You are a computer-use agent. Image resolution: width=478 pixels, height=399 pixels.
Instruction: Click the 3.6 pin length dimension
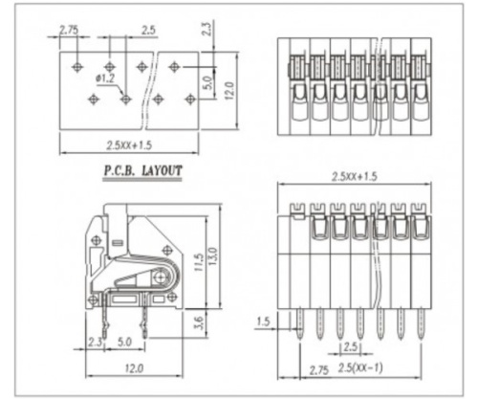click(199, 324)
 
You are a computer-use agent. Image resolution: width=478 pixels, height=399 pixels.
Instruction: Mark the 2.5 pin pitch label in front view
click(350, 345)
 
